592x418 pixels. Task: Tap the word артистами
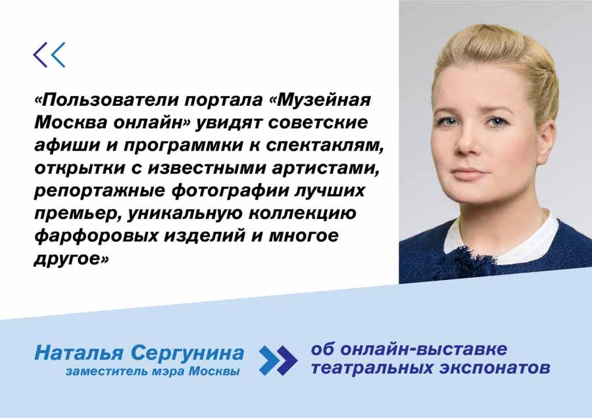pos(325,168)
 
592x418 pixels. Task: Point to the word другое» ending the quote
pos(71,259)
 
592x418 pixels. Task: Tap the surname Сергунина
pos(187,354)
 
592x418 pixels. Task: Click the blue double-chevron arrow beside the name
pos(278,360)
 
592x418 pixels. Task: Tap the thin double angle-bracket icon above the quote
pos(49,55)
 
